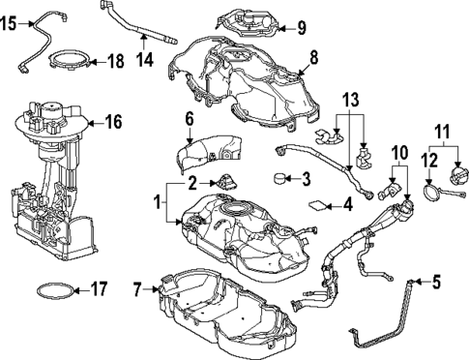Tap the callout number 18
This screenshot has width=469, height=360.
(x=116, y=61)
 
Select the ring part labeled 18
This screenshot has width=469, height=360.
(x=71, y=63)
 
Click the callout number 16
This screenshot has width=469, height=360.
(x=114, y=122)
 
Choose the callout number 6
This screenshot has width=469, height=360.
(x=190, y=118)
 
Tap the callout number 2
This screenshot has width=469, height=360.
(x=192, y=182)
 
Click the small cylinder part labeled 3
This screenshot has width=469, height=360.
(x=281, y=178)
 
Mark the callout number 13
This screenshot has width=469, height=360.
(x=350, y=101)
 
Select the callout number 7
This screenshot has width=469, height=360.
(x=138, y=287)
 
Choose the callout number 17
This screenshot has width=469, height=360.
(x=97, y=287)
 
